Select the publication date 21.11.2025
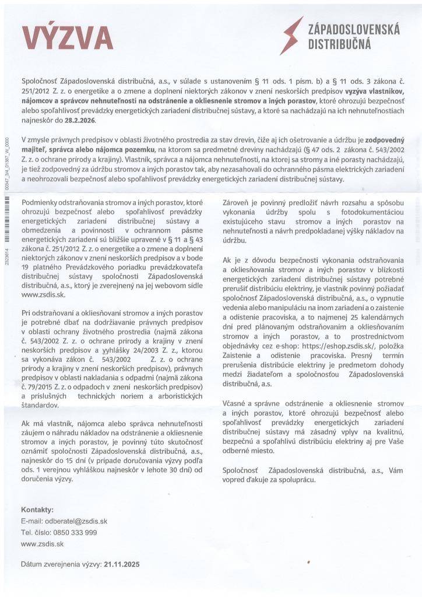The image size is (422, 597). [x=121, y=565]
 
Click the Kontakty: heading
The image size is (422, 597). [x=37, y=510]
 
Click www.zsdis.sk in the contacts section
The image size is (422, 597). [x=42, y=543]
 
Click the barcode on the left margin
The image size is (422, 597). [x=6, y=210]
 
